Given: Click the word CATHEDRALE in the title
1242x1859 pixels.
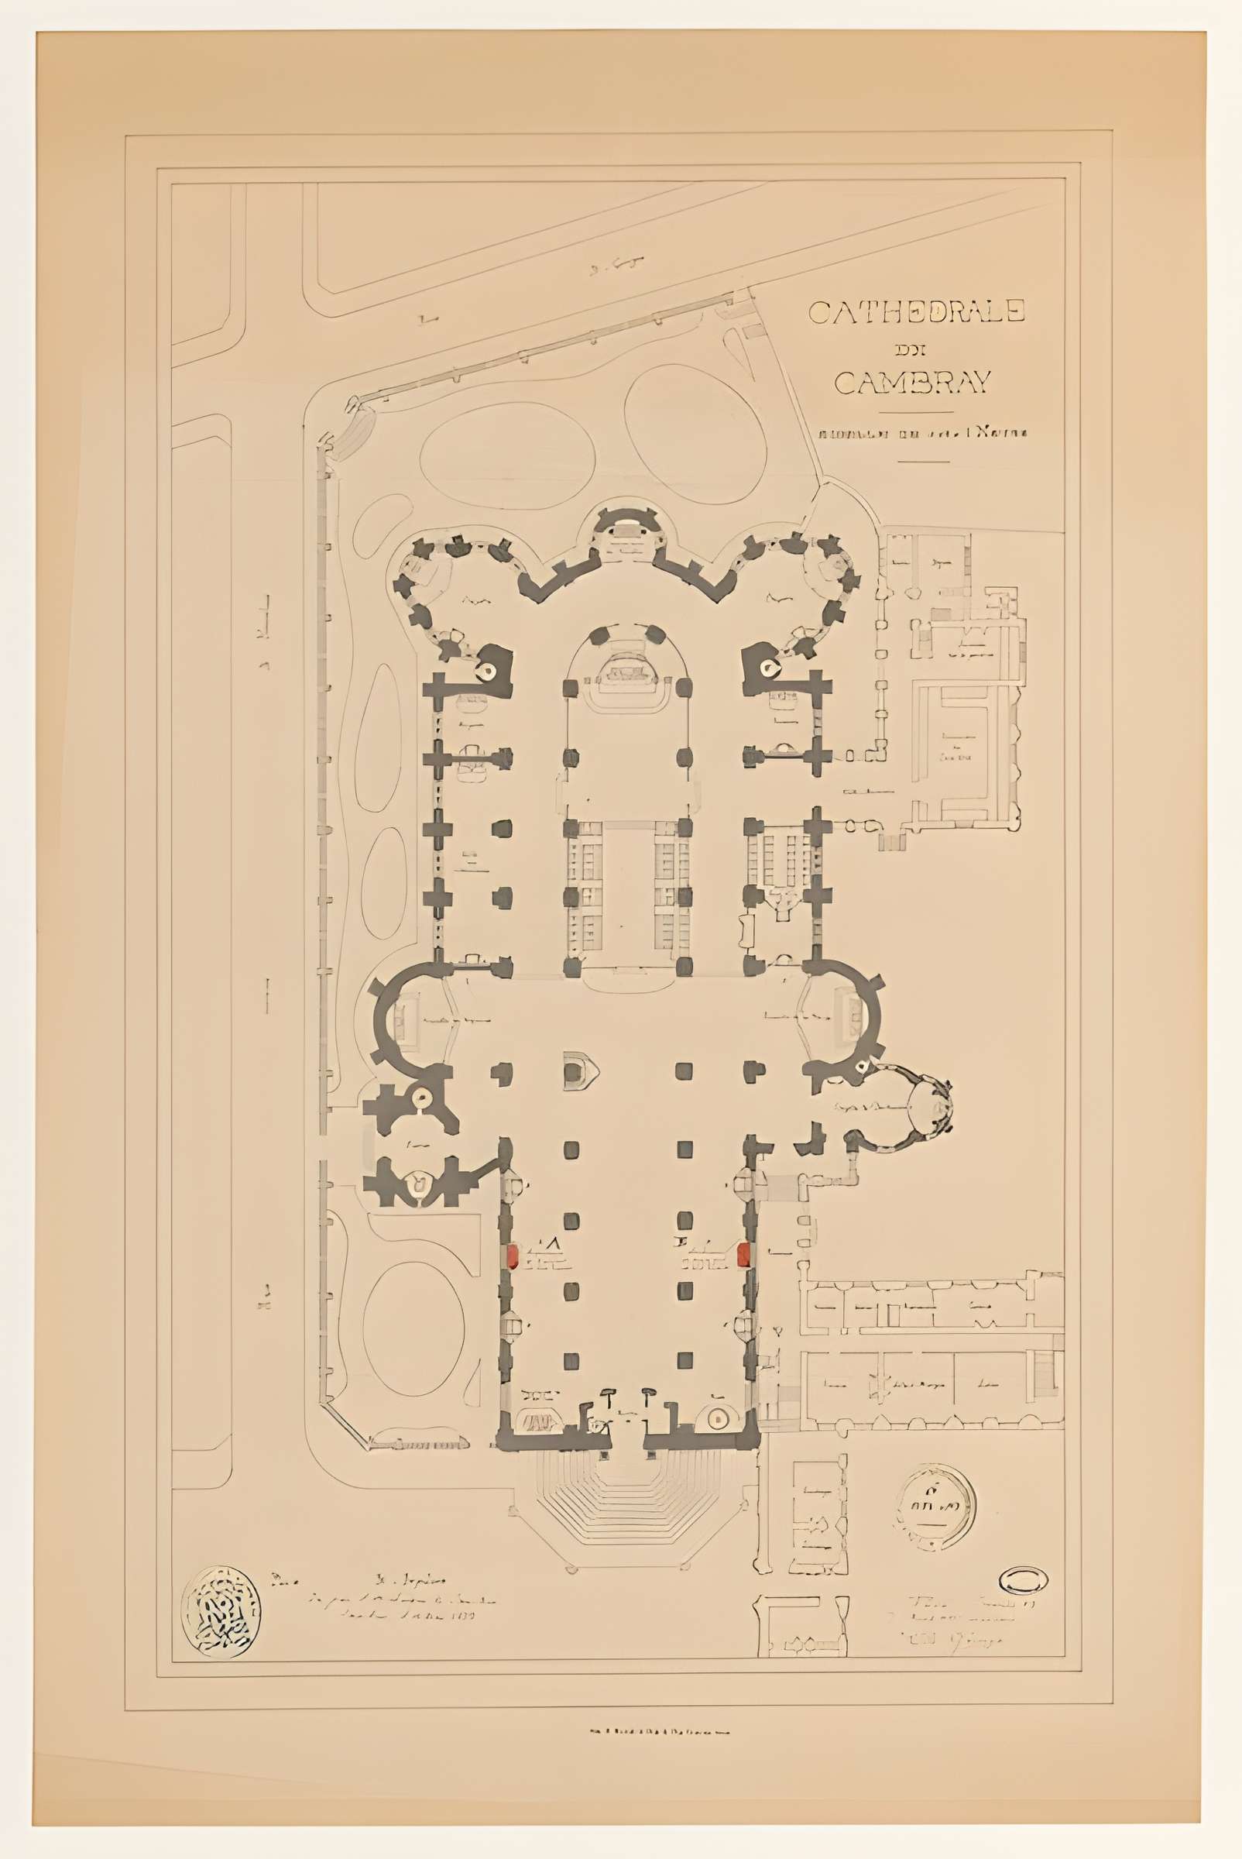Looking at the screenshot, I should click(916, 311).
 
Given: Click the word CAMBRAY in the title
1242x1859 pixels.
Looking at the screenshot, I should click(913, 383).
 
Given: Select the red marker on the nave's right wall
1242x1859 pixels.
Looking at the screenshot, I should click(744, 1254).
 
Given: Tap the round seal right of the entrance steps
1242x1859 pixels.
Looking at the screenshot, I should click(937, 1503).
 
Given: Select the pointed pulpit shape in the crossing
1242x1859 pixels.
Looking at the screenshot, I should click(581, 1071).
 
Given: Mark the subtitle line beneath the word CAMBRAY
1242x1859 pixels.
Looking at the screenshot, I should click(922, 434).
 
